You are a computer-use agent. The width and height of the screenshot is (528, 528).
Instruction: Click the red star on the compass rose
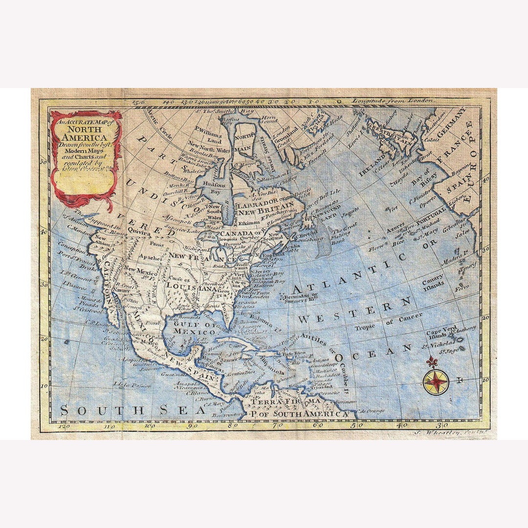pyautogui.click(x=436, y=382)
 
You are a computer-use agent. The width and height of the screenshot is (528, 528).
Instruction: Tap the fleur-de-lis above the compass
pyautogui.click(x=431, y=362)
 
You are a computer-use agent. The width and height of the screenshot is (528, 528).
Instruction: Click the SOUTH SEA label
pyautogui.click(x=132, y=411)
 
